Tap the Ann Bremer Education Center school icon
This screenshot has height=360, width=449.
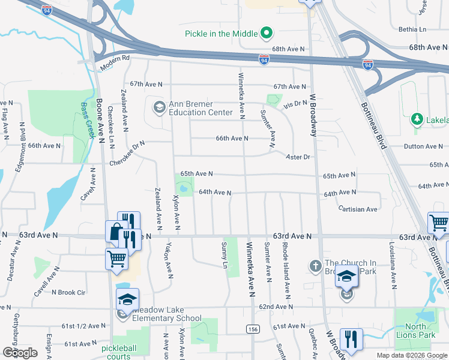click(x=159, y=108)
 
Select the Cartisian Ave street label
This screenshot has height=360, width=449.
click(x=358, y=209)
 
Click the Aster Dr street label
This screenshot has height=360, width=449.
click(x=298, y=157)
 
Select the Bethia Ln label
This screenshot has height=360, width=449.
click(x=412, y=29)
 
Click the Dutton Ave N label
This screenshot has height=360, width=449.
click(x=423, y=146)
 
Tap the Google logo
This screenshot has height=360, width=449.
click(x=20, y=353)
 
